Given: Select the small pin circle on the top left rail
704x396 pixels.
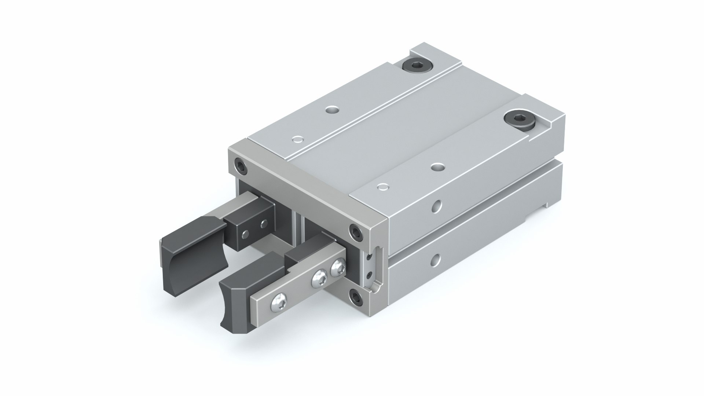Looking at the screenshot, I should point(298,140).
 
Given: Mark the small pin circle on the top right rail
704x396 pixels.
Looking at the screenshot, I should point(382,187).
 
